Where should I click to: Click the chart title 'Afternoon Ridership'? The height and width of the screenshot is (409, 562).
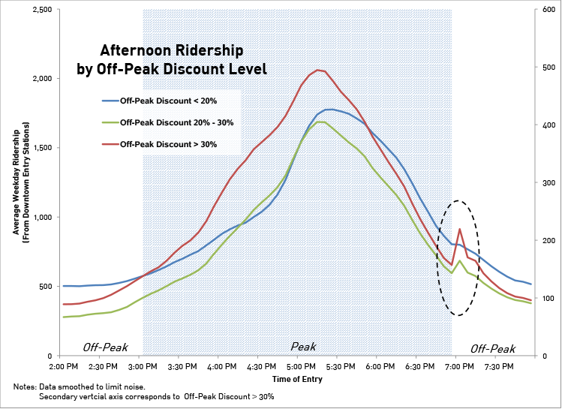pos(172,51)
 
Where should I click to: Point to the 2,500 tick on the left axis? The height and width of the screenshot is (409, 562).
pos(41,9)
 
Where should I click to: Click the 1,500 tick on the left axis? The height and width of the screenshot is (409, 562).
pos(41,148)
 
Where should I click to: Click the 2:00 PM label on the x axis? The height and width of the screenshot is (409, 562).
pos(63,366)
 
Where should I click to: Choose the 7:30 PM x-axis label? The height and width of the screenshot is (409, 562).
pos(498,366)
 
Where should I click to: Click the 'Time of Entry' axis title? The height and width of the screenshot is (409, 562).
pos(297,379)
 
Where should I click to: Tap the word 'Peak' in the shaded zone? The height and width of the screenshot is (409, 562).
pos(303,347)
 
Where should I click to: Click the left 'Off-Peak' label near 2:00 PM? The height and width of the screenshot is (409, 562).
pos(105,348)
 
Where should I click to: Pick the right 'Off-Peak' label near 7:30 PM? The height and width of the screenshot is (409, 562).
pos(493,349)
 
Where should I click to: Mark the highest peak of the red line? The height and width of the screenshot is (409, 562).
pos(317,70)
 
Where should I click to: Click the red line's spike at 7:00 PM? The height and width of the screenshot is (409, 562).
pos(459,229)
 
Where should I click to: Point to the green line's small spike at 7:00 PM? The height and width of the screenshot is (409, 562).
pos(459,260)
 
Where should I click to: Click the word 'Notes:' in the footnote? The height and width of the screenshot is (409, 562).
pos(25,386)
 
